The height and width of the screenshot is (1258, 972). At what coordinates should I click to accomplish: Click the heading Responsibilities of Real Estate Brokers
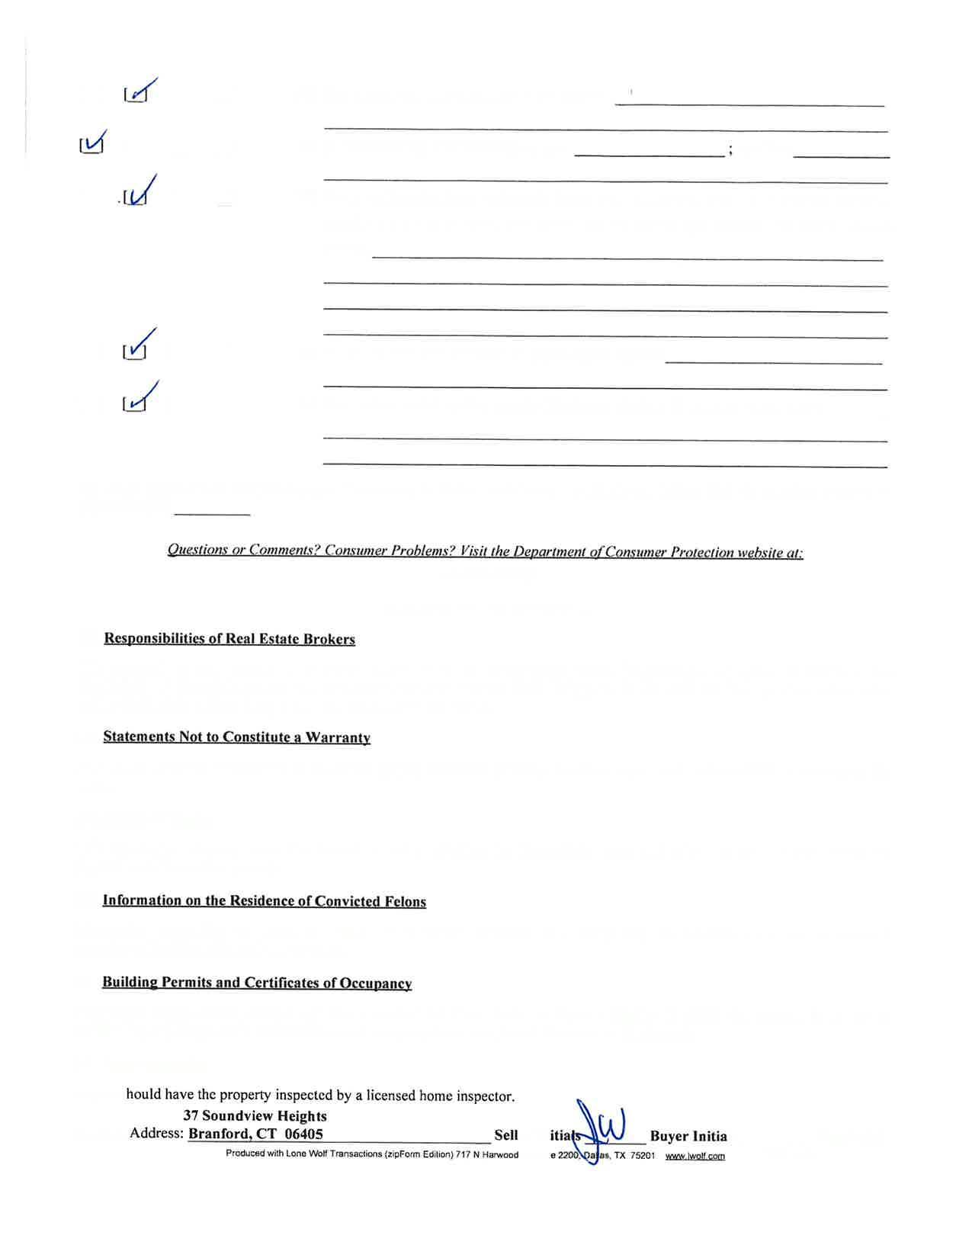pos(229,639)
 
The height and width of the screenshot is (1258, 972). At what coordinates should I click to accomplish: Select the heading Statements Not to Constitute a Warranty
pos(237,737)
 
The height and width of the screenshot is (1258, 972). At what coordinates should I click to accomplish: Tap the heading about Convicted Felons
pos(264,901)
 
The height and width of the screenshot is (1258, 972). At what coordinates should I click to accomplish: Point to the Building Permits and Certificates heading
pos(257,983)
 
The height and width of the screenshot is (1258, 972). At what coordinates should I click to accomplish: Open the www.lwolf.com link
pos(695,1157)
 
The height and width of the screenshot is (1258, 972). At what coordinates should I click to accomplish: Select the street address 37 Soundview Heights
pos(255,1116)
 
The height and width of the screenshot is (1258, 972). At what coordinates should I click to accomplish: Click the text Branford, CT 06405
pos(255,1134)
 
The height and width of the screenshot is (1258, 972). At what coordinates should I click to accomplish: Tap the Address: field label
pos(156,1134)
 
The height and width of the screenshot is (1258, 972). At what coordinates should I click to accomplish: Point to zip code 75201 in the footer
pos(642,1157)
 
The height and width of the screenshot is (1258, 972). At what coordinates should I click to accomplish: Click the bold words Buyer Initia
pos(688,1137)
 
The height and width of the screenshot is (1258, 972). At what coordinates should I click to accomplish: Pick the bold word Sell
pos(506,1136)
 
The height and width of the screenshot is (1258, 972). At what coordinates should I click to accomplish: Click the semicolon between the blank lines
pos(730,150)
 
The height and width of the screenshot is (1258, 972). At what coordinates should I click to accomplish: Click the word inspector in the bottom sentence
pos(484,1096)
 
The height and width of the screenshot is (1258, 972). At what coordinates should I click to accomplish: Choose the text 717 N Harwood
pos(487,1155)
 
